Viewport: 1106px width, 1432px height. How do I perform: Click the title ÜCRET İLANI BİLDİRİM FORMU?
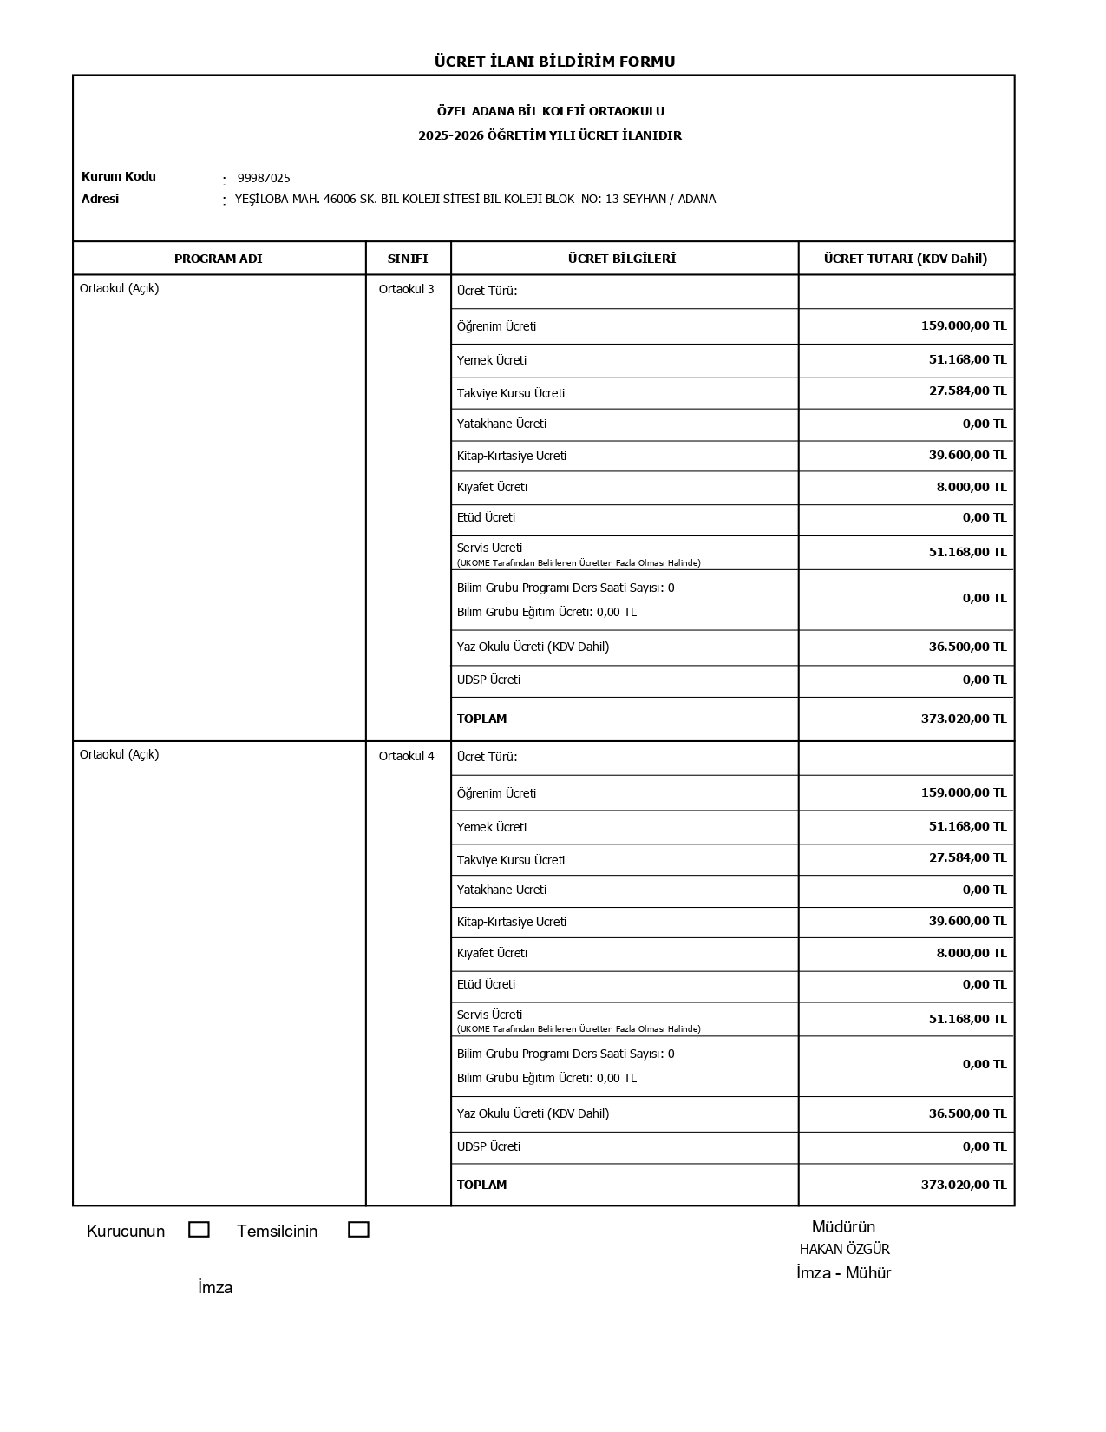pos(554,62)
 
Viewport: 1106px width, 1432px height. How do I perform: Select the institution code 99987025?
pos(264,178)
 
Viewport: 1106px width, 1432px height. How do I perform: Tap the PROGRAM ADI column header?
pos(218,259)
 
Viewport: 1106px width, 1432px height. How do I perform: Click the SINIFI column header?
pos(408,259)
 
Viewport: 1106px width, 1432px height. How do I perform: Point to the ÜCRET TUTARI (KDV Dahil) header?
pos(905,259)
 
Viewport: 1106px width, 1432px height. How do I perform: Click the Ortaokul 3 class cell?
pos(406,289)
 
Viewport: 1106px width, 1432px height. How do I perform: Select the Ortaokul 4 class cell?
pos(406,756)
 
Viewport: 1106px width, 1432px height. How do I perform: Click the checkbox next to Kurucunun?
pos(199,1230)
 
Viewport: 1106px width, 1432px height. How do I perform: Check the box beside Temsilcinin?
pos(358,1230)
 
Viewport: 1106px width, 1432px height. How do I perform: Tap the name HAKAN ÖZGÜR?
pos(844,1250)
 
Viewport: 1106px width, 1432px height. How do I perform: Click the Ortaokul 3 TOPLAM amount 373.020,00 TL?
pos(963,719)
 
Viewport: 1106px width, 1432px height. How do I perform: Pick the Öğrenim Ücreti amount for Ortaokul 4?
pos(963,792)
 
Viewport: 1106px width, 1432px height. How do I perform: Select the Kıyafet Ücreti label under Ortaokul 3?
pos(492,487)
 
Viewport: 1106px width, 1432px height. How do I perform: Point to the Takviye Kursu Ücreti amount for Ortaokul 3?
pos(967,391)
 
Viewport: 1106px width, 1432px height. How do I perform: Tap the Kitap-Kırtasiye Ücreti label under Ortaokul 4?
pos(511,922)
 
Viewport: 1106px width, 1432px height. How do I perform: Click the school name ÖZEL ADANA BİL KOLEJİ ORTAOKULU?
pos(550,111)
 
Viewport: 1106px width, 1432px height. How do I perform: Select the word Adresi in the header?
pos(100,199)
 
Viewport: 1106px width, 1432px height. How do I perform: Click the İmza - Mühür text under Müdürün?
pos(843,1273)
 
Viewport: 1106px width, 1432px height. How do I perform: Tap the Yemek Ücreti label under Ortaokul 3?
pos(491,360)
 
